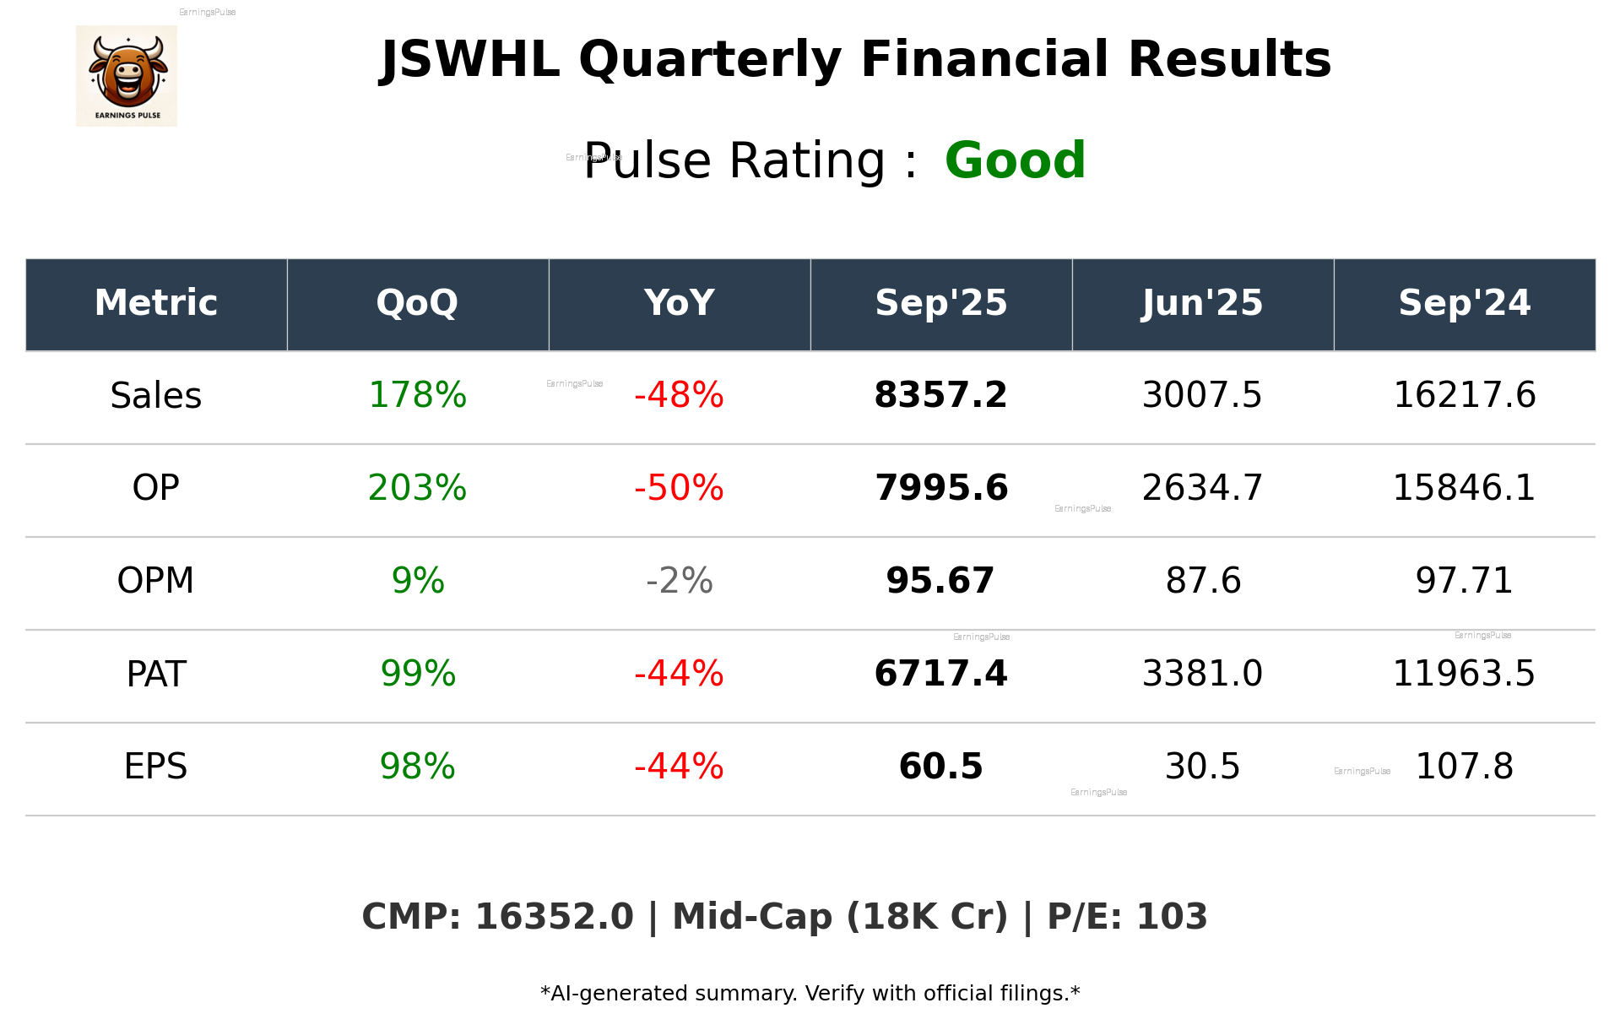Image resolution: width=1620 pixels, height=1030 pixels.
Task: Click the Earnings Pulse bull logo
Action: [127, 76]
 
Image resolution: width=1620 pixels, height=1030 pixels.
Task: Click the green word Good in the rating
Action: [1015, 160]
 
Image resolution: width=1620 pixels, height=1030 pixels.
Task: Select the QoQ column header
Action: [417, 303]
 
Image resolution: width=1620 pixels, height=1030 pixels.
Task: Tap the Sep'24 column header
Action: [1464, 303]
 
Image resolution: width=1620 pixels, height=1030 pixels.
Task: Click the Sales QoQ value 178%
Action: [417, 395]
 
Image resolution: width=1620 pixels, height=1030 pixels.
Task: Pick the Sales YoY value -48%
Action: [679, 395]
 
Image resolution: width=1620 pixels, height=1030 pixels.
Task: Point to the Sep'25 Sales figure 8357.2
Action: [940, 395]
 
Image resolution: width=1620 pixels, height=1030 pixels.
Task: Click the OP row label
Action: [156, 488]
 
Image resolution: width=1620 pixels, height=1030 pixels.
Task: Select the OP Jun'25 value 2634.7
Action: [1202, 488]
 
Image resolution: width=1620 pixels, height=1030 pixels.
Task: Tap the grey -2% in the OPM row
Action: [679, 581]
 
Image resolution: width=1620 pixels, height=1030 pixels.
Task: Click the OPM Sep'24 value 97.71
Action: [1464, 581]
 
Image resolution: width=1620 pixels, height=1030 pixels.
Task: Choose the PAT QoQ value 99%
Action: [417, 674]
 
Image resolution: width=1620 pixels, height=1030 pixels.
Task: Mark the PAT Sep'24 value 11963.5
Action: [1464, 674]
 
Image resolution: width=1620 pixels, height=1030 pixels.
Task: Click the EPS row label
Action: [156, 767]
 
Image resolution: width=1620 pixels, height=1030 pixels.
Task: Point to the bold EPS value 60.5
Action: [940, 767]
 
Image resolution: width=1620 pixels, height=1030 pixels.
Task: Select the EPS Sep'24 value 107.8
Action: [1464, 767]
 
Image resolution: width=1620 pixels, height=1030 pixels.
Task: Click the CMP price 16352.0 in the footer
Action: [554, 917]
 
